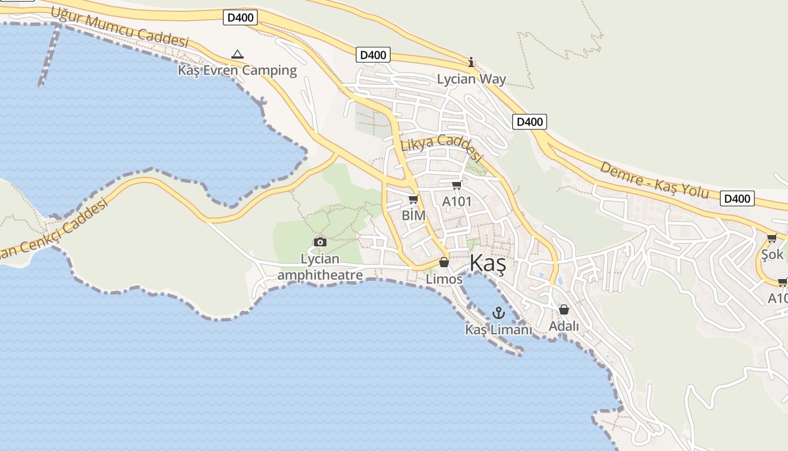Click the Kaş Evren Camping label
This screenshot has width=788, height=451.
(x=238, y=70)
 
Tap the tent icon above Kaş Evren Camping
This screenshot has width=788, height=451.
(x=238, y=55)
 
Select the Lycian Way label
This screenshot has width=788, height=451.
(x=472, y=79)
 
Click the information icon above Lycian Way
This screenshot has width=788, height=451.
(x=472, y=62)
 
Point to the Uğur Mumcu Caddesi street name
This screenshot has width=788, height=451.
(x=119, y=27)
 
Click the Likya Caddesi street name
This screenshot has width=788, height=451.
(x=442, y=148)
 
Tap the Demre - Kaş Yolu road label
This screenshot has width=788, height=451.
(x=654, y=180)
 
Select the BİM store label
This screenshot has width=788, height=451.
(x=414, y=215)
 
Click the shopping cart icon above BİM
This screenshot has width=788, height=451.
(x=414, y=199)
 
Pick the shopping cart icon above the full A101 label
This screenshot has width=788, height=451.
(x=456, y=185)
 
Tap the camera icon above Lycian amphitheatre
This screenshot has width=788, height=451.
(x=320, y=242)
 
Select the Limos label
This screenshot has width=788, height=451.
(x=444, y=279)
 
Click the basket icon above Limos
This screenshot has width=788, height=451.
(x=444, y=262)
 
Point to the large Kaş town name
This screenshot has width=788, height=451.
(x=487, y=263)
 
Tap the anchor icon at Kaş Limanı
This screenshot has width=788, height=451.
(x=499, y=313)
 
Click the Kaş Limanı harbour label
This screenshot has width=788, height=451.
(x=499, y=330)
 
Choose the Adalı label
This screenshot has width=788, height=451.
(x=564, y=326)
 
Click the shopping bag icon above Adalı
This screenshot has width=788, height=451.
(x=564, y=309)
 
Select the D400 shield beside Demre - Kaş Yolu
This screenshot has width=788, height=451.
(x=737, y=198)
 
